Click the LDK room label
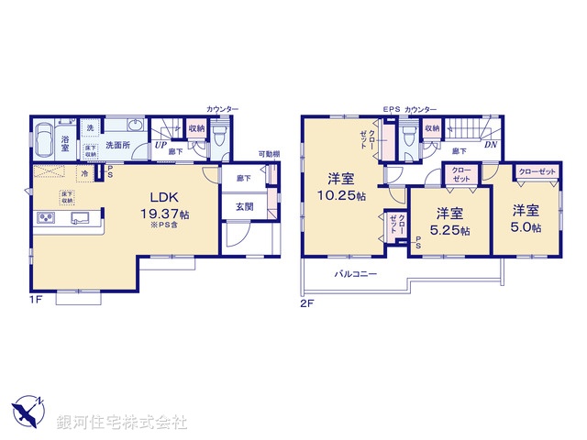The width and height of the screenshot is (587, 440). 151,196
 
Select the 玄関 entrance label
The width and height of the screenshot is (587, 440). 244,207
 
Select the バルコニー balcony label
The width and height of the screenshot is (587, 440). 352,273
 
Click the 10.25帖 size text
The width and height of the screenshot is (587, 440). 342,195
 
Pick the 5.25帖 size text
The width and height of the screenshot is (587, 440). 447,230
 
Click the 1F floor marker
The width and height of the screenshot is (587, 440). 36,299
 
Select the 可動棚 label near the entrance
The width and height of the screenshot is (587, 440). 268,154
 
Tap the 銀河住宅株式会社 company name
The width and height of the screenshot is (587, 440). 122,423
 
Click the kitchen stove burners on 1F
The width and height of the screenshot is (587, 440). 46,218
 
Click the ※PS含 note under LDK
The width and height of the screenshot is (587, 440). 163,225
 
